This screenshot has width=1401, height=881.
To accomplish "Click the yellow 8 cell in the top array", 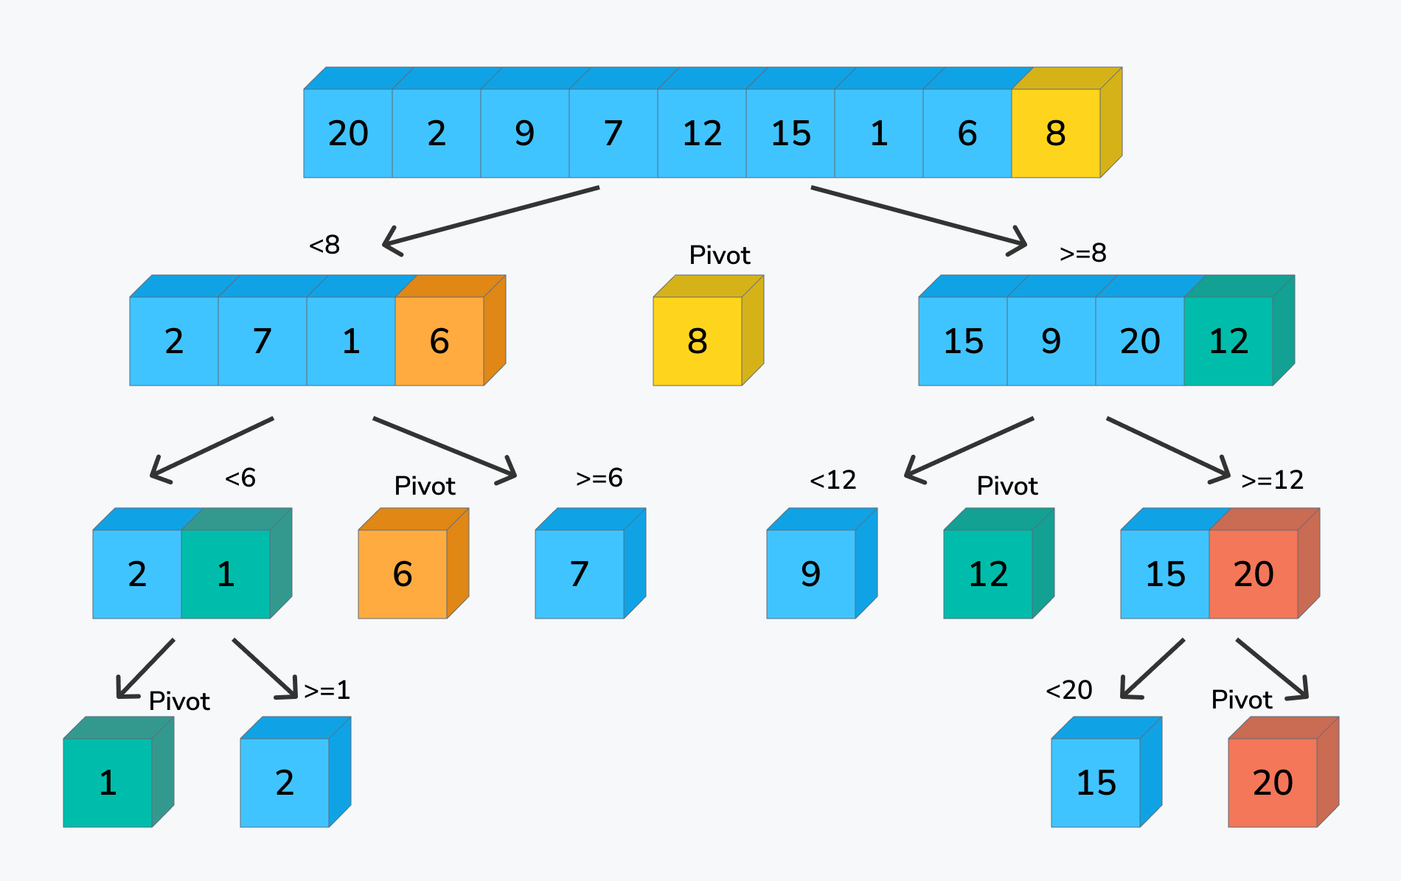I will (x=1055, y=133).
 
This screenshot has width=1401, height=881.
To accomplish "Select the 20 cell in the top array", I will (x=348, y=133).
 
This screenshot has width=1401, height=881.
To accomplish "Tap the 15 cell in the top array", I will (x=790, y=133).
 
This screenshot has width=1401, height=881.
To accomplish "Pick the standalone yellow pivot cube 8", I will (x=698, y=341).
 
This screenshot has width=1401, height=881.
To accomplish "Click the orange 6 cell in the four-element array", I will (x=439, y=341).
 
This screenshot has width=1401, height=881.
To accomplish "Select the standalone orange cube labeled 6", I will (x=403, y=574).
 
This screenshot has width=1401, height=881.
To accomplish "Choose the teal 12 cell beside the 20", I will (x=1228, y=341).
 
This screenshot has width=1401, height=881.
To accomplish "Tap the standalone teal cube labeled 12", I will (x=988, y=574).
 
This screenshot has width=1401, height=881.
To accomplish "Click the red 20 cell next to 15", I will (x=1254, y=574).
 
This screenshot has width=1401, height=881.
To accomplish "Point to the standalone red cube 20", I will (x=1273, y=782).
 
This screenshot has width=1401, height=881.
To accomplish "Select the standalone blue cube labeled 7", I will (x=580, y=574).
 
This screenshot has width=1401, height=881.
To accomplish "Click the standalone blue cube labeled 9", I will (x=811, y=574).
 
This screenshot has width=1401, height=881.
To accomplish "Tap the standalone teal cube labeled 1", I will (x=108, y=782).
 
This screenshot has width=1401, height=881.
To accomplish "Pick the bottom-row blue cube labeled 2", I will (x=285, y=782).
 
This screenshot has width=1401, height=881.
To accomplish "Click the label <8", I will (x=324, y=245).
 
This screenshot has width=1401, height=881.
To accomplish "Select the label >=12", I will (x=1272, y=480).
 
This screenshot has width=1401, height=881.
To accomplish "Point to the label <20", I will (x=1069, y=690).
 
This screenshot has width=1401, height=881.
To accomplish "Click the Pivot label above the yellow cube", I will (x=720, y=255).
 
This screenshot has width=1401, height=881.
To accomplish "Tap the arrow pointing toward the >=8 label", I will (x=918, y=215).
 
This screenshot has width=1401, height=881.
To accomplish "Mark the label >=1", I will (x=327, y=690).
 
